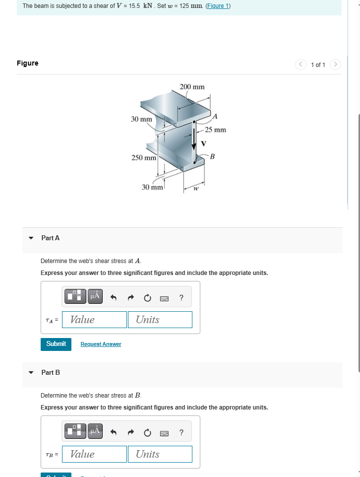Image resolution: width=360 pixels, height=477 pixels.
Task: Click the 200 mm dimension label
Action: click(192, 87)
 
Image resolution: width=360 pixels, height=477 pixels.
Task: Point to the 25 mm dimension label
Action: click(216, 130)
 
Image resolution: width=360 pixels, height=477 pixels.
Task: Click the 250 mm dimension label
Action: click(144, 158)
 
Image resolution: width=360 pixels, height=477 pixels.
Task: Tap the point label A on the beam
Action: click(215, 116)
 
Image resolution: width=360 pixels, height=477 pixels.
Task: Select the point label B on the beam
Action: click(212, 157)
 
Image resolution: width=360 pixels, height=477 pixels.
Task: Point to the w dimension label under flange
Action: click(195, 188)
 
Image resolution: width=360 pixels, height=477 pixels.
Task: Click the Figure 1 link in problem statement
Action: click(218, 6)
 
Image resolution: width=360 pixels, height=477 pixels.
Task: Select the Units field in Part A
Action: click(160, 320)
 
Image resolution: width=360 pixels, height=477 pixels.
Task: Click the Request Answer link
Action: click(101, 344)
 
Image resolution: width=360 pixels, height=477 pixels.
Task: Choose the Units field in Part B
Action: click(160, 454)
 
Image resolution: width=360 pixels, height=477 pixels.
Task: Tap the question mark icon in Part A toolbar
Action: click(181, 298)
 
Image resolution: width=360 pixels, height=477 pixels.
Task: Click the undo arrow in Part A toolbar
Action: click(113, 298)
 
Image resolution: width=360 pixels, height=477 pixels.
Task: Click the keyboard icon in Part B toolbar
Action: click(164, 433)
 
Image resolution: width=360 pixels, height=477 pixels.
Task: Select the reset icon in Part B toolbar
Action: click(147, 433)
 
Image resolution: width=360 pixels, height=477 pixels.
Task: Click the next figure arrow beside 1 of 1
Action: click(336, 65)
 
